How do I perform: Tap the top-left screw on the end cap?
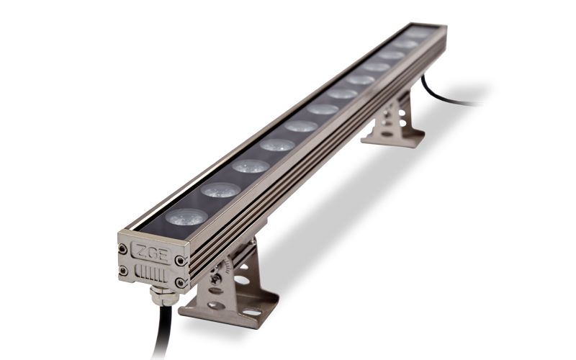(x=122, y=249)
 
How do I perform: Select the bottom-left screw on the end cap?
(x=123, y=271)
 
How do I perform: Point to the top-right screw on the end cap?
(x=179, y=261)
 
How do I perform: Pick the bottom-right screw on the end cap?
(x=180, y=283)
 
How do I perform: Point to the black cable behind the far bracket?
(x=446, y=96)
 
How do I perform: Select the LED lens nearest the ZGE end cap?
(x=186, y=217)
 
